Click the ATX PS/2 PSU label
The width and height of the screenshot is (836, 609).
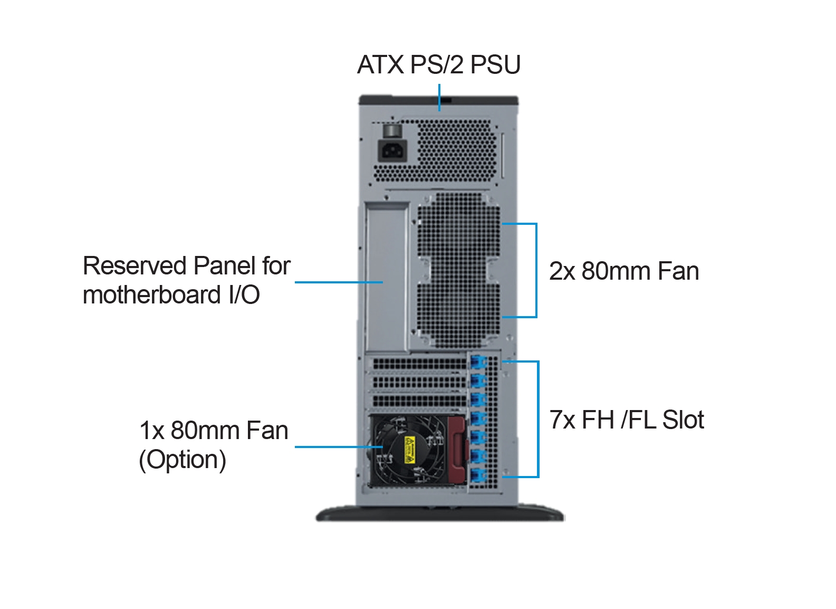pyautogui.click(x=438, y=65)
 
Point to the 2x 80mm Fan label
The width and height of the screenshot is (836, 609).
pyautogui.click(x=624, y=271)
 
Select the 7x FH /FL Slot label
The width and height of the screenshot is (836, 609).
pyautogui.click(x=627, y=420)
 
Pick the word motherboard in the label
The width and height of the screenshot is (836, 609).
pyautogui.click(x=152, y=294)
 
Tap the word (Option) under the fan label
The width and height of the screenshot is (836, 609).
pyautogui.click(x=182, y=460)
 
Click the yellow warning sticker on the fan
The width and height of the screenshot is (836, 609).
pyautogui.click(x=410, y=450)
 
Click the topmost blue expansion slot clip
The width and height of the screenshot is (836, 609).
pyautogui.click(x=478, y=363)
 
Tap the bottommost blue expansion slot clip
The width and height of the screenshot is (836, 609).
pyautogui.click(x=478, y=475)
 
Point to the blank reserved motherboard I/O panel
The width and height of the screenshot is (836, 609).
pyautogui.click(x=387, y=277)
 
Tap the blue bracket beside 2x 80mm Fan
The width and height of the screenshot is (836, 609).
pyautogui.click(x=536, y=270)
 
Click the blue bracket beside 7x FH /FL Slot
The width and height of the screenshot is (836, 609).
pyautogui.click(x=538, y=420)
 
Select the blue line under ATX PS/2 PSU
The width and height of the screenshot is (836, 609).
pyautogui.click(x=439, y=98)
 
